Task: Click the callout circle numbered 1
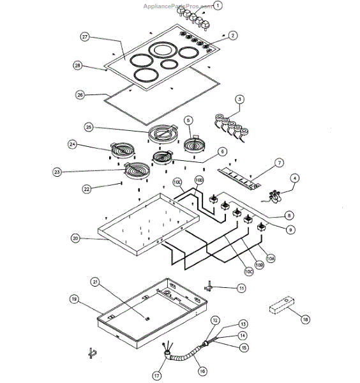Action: click(x=217, y=6)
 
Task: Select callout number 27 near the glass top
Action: click(x=85, y=37)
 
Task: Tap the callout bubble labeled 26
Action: click(x=80, y=94)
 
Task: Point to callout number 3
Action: click(x=239, y=99)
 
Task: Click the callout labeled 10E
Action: click(x=178, y=182)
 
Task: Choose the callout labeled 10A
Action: click(x=271, y=259)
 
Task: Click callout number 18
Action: click(x=304, y=319)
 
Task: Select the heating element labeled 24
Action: click(x=121, y=151)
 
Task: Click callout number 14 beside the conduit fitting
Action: click(x=242, y=335)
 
